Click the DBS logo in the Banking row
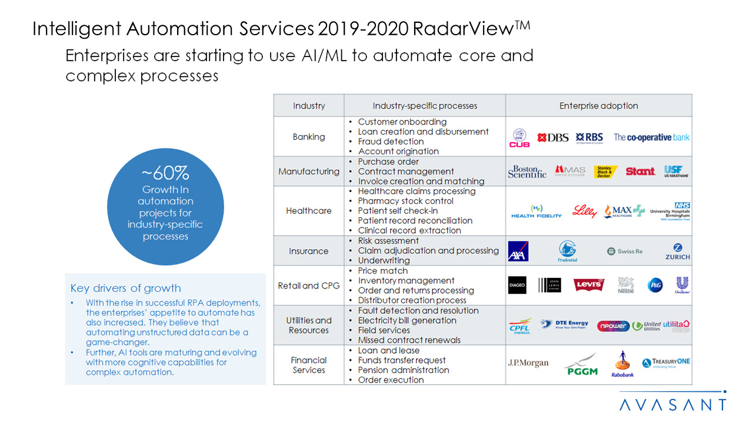click(553, 137)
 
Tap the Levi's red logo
click(588, 285)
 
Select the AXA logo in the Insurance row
click(518, 251)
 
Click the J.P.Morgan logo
click(528, 363)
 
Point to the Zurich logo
click(678, 251)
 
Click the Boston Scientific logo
click(527, 172)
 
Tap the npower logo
click(613, 325)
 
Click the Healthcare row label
click(309, 211)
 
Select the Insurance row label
click(309, 251)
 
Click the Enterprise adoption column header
click(598, 106)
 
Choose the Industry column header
click(309, 106)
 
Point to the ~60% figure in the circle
click(165, 174)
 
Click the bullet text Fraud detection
click(391, 142)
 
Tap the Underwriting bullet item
click(384, 260)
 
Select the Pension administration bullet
click(404, 370)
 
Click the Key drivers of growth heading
click(126, 288)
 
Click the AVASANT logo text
click(673, 405)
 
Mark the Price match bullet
click(382, 271)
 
